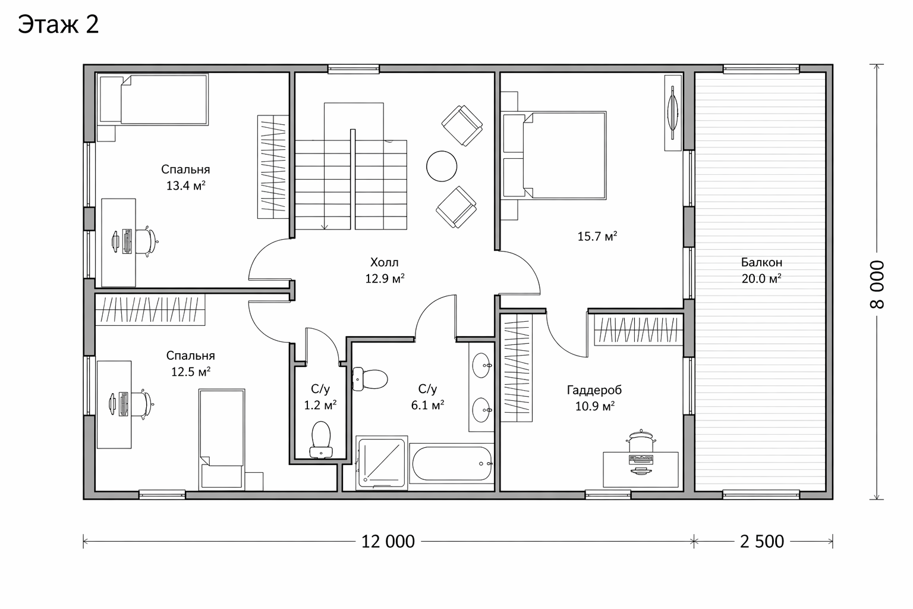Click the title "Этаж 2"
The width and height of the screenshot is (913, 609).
58,25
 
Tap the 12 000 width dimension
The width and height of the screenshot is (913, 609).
388,542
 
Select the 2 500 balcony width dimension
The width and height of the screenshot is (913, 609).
762,542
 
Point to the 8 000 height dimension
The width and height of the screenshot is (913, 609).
877,284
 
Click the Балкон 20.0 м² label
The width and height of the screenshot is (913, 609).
761,270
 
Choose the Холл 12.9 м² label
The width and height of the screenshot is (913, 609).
385,270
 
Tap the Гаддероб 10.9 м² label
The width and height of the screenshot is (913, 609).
594,398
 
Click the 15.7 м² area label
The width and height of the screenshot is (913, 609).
597,236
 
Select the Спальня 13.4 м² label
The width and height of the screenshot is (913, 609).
185,177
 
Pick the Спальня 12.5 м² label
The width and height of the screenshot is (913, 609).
190,363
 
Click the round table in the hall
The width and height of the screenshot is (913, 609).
442,166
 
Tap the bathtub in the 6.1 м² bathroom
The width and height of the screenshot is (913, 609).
452,463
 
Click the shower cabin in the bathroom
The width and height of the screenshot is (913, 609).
382,462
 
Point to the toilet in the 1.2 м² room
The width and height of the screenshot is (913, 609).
321,440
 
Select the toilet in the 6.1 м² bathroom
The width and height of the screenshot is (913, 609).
370,379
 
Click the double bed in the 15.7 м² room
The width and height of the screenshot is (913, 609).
554,155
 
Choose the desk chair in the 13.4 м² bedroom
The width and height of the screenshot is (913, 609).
145,242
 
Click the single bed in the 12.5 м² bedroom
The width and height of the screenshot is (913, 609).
222,440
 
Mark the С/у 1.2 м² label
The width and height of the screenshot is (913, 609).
320,397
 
